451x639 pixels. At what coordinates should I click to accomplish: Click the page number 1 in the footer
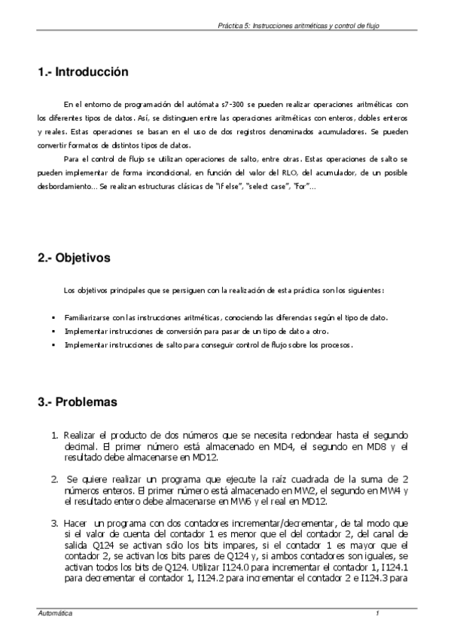tap(376, 615)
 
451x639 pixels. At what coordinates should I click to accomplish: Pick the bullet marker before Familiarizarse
tap(53, 317)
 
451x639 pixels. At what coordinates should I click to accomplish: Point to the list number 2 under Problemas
tap(54, 479)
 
